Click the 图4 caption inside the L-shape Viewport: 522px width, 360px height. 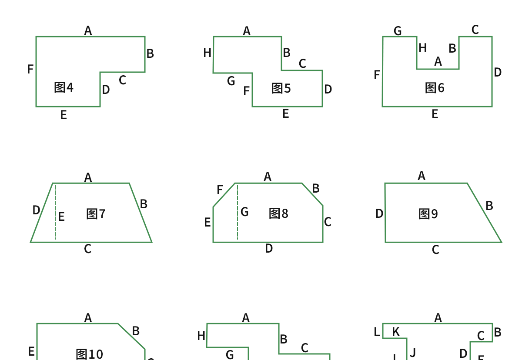[64, 87]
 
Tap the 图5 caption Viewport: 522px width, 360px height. [281, 88]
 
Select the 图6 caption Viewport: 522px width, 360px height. [435, 88]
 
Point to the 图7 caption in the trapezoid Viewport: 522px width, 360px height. [96, 214]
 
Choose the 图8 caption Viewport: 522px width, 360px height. [278, 213]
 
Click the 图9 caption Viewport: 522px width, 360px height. [428, 214]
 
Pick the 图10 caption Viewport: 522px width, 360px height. [89, 354]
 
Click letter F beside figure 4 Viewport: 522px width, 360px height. [30, 69]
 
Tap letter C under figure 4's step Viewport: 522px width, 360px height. [122, 80]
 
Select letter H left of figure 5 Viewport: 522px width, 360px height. [207, 53]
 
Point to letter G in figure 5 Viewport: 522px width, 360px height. [231, 81]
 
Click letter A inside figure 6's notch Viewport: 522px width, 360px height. [438, 62]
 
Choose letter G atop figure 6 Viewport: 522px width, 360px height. [398, 31]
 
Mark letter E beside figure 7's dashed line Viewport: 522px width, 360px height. [61, 217]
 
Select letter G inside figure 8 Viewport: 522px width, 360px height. [244, 212]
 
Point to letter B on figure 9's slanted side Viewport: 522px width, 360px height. [489, 206]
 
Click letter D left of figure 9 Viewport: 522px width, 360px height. [379, 214]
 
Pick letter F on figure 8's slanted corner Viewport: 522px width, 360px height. [220, 190]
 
